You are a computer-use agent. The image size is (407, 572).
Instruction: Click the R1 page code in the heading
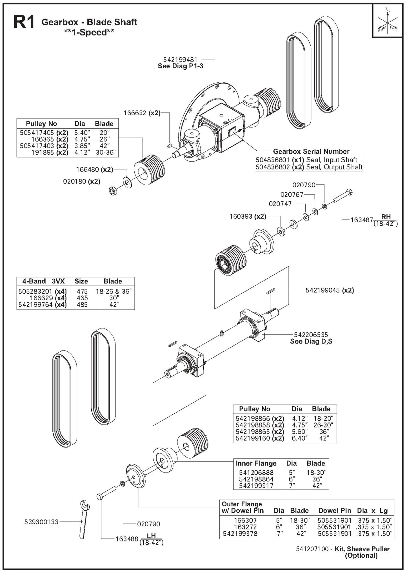[24, 23]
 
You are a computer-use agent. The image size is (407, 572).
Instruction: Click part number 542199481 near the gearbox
[180, 60]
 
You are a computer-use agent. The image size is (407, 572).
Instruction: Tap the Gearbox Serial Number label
[311, 151]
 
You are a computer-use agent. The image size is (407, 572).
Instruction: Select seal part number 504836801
[273, 160]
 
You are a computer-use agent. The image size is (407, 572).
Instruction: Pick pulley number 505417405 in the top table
[37, 132]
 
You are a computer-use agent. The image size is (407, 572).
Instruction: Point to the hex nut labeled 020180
[113, 191]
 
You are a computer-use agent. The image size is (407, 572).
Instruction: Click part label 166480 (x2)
[94, 170]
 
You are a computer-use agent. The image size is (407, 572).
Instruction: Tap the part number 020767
[292, 195]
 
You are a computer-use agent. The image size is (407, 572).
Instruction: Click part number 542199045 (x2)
[330, 290]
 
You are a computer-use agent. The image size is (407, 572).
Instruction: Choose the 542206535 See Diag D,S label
[311, 338]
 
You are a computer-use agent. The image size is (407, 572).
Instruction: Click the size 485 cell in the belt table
[82, 305]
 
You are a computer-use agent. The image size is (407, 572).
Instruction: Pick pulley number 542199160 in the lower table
[253, 438]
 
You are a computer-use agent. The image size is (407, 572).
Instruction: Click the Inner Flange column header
[256, 463]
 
